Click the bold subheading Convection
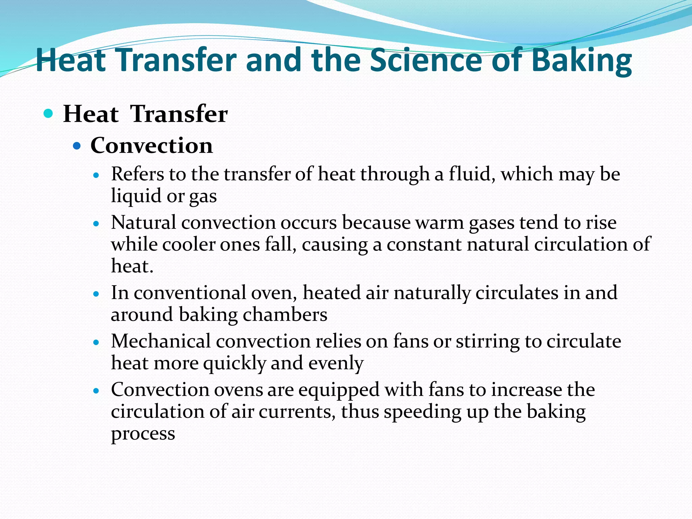152,146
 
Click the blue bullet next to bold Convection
77,146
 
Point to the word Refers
138,174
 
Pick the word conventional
190,293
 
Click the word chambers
285,315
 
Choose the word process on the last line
143,434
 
